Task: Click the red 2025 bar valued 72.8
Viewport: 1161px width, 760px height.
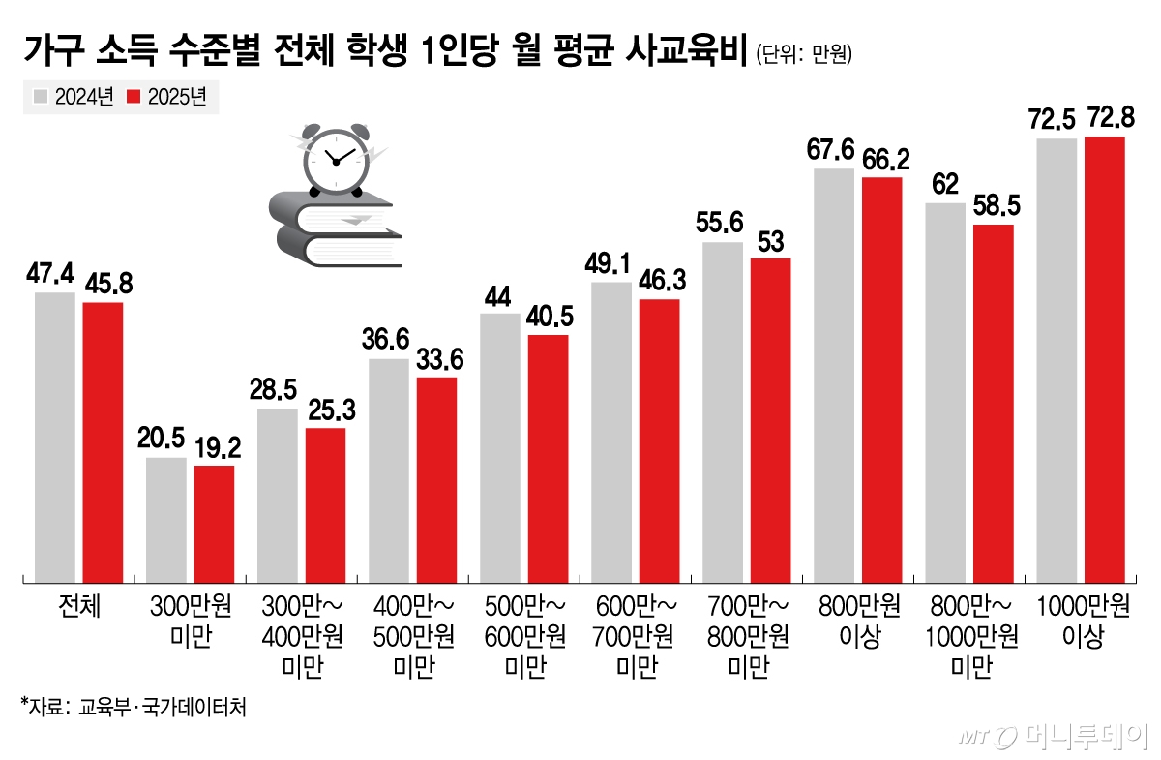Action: point(1104,359)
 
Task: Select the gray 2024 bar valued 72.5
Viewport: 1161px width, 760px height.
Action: point(1057,360)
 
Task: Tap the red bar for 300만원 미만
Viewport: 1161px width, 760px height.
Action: point(214,524)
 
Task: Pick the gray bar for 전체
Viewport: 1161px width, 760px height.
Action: point(54,437)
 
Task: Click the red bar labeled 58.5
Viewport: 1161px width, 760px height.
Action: point(993,403)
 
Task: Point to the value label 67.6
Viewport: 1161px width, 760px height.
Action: point(831,152)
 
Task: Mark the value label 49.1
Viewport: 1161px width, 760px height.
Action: point(610,263)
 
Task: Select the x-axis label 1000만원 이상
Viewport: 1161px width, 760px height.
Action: point(1083,621)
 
